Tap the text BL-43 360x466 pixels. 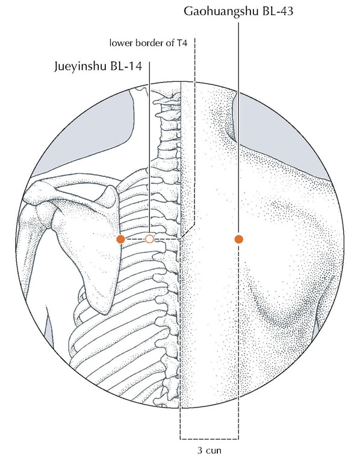[x=278, y=11]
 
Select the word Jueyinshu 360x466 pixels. [x=81, y=66]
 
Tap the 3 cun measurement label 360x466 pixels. [x=209, y=450]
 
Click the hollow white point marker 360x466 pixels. [x=149, y=238]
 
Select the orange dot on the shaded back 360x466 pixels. [x=239, y=239]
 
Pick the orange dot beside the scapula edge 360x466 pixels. [x=120, y=239]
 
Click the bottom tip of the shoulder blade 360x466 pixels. [x=105, y=312]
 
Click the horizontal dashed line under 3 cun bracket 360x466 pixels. [x=209, y=439]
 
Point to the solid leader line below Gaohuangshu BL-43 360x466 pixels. [x=238, y=128]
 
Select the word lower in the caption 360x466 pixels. [x=121, y=43]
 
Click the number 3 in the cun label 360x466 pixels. [x=200, y=450]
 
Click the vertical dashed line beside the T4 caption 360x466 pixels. [x=194, y=131]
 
